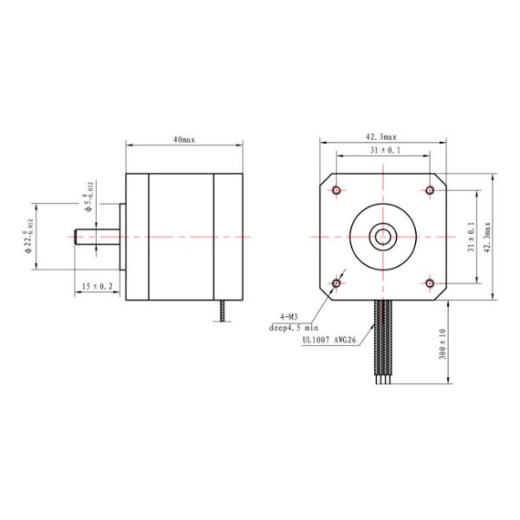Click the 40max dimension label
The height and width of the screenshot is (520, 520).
coord(183,139)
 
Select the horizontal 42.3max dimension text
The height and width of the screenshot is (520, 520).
coord(381,137)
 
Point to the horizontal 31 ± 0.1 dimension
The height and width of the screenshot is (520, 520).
coord(381,151)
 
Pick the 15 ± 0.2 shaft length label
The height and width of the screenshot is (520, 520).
coord(97,285)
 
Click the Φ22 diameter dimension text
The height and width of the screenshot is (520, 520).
coord(29,236)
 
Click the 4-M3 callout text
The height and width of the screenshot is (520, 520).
coord(291,317)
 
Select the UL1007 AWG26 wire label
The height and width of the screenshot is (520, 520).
coord(328,341)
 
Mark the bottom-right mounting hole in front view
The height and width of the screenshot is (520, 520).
coord(429,283)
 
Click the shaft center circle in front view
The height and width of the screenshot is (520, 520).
coord(382,236)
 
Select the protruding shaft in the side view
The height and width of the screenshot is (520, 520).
coord(95,236)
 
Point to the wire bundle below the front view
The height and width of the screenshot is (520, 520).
coord(382,342)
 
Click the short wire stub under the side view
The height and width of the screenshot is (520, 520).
coord(224,311)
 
